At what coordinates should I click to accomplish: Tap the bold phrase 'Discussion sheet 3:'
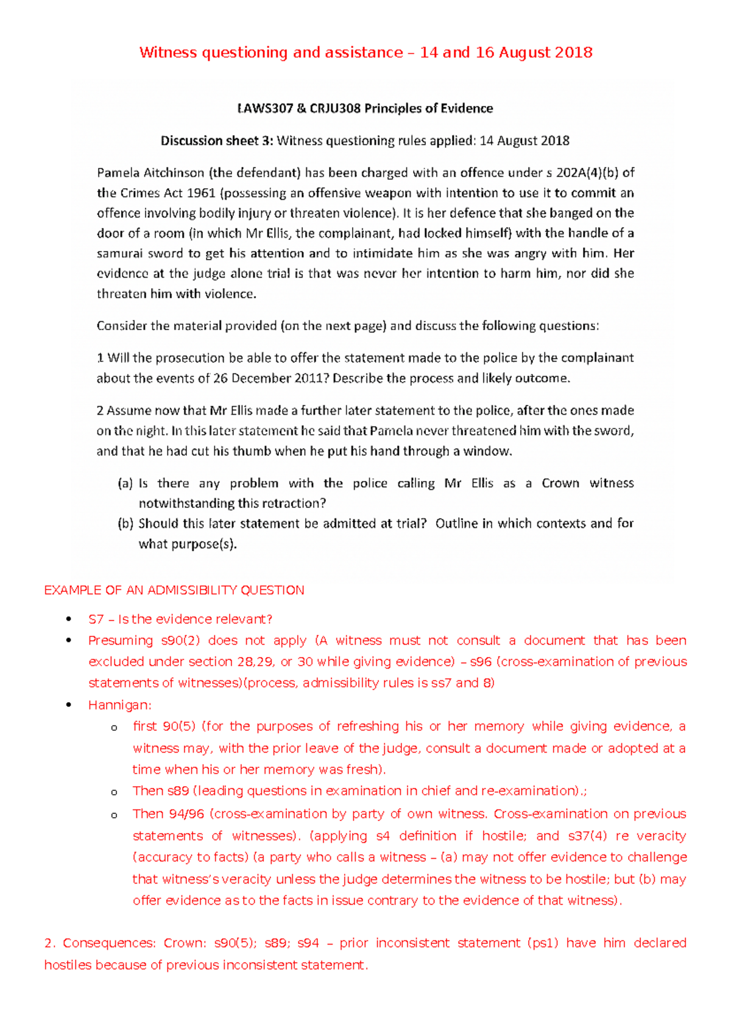pos(217,141)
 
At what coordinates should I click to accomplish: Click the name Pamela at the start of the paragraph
pos(118,173)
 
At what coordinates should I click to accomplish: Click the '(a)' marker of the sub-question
pos(125,484)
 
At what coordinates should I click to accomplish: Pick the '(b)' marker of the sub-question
pos(125,524)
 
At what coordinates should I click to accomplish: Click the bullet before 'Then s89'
pos(114,792)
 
